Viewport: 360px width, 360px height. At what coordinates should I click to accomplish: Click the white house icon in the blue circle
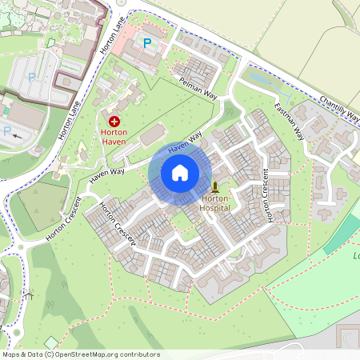pyautogui.click(x=180, y=172)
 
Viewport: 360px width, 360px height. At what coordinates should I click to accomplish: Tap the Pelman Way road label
pyautogui.click(x=198, y=86)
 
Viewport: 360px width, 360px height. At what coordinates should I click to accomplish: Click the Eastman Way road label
pyautogui.click(x=289, y=122)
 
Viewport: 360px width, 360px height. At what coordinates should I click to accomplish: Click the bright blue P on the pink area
pyautogui.click(x=146, y=42)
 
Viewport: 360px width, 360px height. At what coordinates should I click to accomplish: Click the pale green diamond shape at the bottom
pyautogui.click(x=52, y=342)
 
